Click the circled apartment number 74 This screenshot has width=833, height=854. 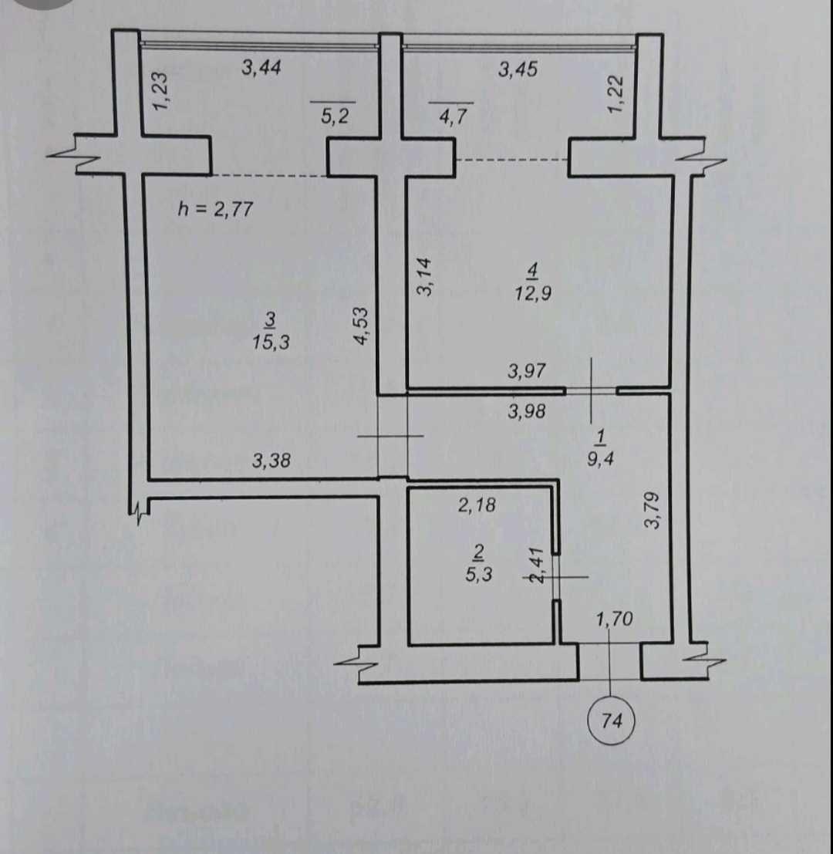point(612,721)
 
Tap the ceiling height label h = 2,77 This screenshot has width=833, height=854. point(215,208)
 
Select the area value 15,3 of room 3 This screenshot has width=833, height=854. point(270,343)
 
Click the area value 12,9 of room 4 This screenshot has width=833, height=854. point(533,293)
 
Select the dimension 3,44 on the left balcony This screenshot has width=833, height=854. point(261,68)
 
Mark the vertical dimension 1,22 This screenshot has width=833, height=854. point(615,95)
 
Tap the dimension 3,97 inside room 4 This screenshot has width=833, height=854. point(527,371)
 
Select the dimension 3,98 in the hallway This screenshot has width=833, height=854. point(527,411)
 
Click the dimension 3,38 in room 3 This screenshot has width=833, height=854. point(271,461)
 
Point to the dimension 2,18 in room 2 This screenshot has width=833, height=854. point(477,505)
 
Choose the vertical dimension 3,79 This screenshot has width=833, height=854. point(653,510)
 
